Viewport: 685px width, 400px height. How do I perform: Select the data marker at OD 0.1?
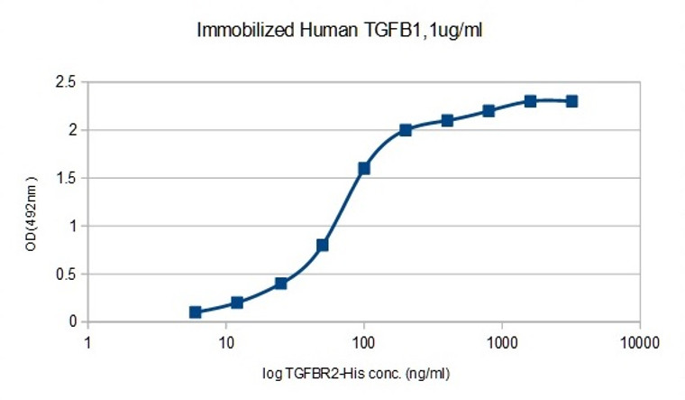(196, 312)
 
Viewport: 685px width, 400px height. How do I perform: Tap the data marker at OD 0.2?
(237, 302)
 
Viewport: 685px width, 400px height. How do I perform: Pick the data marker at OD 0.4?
(281, 284)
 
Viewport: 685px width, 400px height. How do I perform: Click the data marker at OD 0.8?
(323, 245)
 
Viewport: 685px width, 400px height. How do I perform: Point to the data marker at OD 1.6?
(364, 168)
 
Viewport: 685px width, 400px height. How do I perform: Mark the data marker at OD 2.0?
(406, 130)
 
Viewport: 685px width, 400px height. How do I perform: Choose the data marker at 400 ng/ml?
(447, 120)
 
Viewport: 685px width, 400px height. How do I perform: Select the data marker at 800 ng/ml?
(489, 111)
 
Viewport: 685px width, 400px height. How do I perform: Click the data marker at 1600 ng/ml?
(530, 101)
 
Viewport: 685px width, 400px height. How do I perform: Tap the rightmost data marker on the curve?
(571, 101)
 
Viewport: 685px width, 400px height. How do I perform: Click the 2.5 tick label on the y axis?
(65, 82)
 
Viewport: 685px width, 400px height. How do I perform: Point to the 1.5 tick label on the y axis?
(65, 178)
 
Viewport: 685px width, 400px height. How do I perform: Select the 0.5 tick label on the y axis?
(65, 274)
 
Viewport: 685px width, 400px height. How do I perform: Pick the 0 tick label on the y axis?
(71, 321)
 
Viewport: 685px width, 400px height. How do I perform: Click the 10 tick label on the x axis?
(226, 342)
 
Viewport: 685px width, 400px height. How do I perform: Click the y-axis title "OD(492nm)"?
(32, 201)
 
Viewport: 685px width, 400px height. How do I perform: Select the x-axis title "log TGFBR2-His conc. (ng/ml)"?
(364, 370)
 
